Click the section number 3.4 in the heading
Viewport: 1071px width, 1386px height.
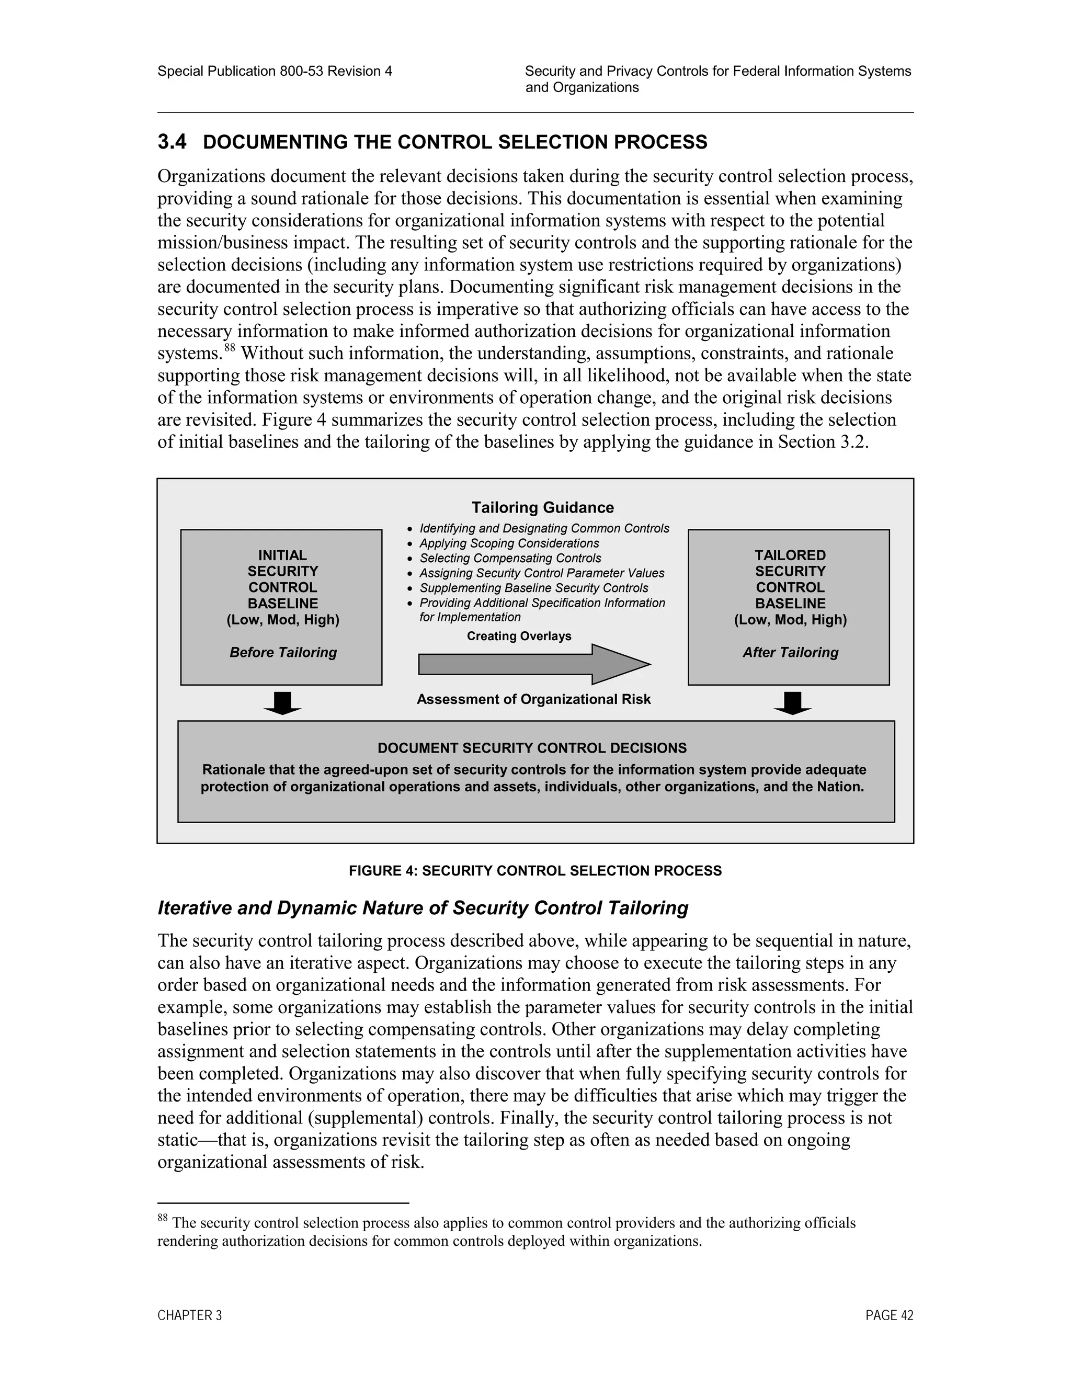[x=172, y=142]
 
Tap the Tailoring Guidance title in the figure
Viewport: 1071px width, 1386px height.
[x=542, y=508]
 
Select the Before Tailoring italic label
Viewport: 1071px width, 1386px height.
[x=283, y=652]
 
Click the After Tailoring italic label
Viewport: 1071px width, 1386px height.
[x=791, y=652]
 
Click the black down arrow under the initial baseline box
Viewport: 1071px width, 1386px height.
[x=282, y=703]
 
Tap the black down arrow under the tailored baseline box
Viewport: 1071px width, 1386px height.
[x=792, y=703]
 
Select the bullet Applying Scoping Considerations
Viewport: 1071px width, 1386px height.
[x=509, y=543]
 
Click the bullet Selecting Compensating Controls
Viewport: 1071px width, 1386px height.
[x=510, y=559]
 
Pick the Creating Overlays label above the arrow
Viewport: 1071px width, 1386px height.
[x=519, y=636]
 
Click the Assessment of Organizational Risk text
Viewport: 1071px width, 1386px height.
[x=533, y=699]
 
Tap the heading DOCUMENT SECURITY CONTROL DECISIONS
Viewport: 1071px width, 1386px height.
[x=532, y=748]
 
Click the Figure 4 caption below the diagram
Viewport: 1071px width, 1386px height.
[x=535, y=871]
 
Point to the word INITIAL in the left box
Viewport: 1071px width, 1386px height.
[x=282, y=555]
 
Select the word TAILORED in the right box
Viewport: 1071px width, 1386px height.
[x=790, y=555]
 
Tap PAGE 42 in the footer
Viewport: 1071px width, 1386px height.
[x=889, y=1315]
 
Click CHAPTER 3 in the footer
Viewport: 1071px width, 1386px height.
[x=190, y=1315]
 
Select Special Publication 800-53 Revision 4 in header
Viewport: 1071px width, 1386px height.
[x=275, y=71]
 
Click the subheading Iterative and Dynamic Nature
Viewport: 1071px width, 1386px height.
[x=423, y=908]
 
